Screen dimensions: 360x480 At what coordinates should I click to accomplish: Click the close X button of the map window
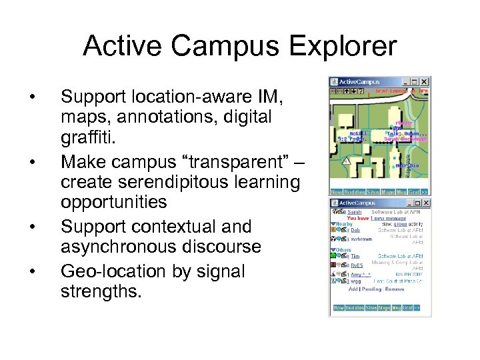point(425,82)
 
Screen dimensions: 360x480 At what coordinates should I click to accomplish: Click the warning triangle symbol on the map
point(345,161)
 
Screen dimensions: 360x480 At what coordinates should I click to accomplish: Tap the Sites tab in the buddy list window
point(371,307)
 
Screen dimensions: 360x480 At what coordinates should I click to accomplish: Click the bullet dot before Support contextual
point(34,226)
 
